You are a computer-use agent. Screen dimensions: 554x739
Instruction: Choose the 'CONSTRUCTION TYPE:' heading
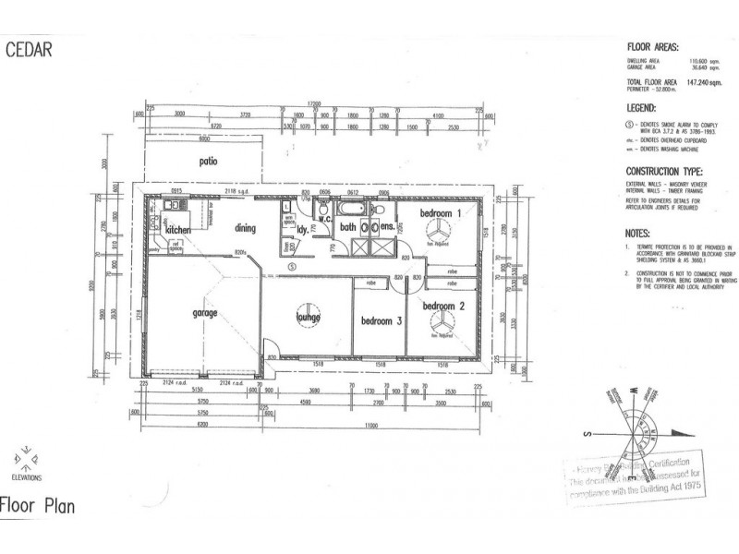coord(663,172)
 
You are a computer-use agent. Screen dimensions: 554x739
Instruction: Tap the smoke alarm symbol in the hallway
coord(292,267)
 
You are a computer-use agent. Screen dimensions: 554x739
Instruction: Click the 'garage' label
coord(205,313)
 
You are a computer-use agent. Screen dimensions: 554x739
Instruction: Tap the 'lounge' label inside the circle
coord(308,319)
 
